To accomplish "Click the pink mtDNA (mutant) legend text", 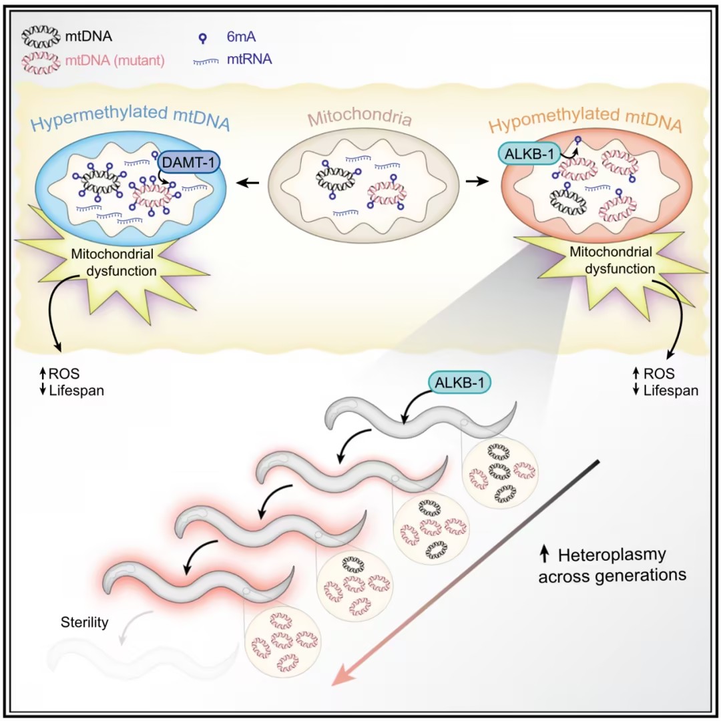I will [114, 61].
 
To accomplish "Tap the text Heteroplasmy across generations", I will [612, 564].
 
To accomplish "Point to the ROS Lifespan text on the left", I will [71, 382].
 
